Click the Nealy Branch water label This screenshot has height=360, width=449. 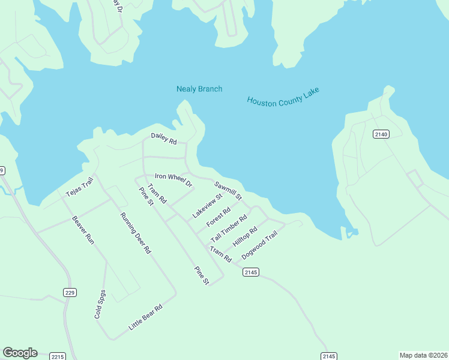(199, 89)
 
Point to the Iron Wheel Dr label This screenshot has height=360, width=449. (173, 179)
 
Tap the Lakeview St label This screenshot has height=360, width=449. (207, 206)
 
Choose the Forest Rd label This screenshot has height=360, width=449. (218, 217)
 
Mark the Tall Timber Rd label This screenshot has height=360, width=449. (229, 229)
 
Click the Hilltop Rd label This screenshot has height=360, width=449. (245, 238)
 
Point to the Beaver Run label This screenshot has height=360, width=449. (83, 229)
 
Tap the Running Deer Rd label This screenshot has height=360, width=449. (134, 233)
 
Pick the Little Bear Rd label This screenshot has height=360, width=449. (145, 318)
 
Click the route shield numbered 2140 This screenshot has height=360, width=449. (381, 134)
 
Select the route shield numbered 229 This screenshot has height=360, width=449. (70, 292)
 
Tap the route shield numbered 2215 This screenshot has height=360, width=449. (57, 356)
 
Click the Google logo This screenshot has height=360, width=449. (20, 353)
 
